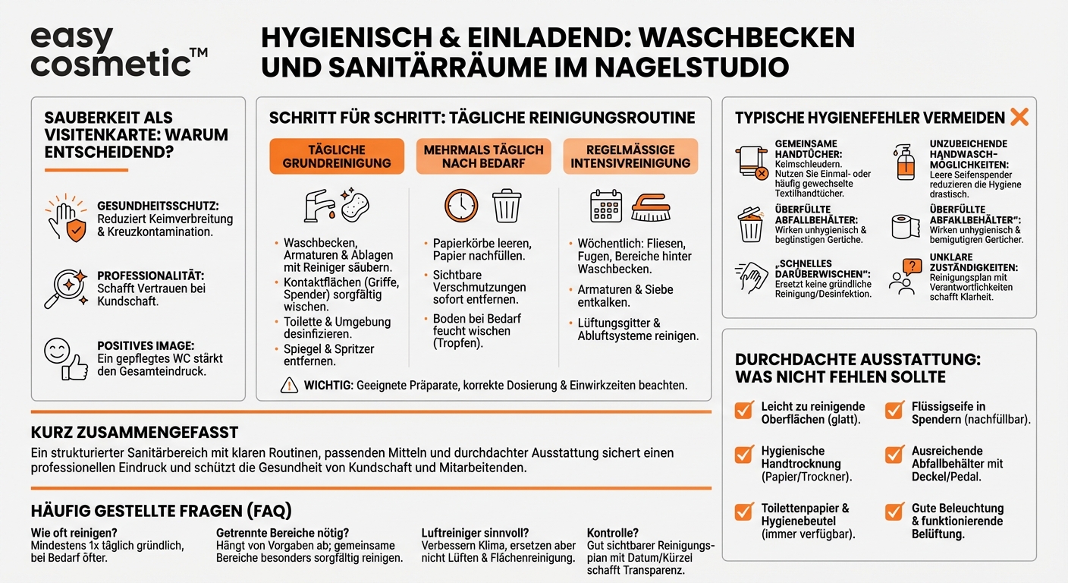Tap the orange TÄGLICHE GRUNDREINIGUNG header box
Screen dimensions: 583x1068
(x=337, y=156)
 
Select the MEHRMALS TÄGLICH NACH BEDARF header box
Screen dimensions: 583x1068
(x=483, y=156)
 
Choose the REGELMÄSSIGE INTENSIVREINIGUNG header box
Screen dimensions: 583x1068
(x=630, y=156)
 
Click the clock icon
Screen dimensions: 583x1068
(x=461, y=206)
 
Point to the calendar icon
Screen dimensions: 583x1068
(x=606, y=206)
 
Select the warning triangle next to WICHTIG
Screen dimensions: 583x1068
(x=289, y=386)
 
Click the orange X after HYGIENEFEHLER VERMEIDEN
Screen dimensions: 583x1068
(x=1019, y=117)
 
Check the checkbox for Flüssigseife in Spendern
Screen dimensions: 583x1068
(x=894, y=411)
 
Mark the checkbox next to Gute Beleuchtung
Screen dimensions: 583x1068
(x=894, y=512)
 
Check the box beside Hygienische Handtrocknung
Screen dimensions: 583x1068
(x=744, y=455)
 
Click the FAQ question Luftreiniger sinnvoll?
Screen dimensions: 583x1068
(x=474, y=533)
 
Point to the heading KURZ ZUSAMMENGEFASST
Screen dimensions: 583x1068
(x=134, y=433)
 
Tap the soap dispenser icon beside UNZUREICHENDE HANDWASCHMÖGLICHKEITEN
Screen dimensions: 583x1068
(x=906, y=162)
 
